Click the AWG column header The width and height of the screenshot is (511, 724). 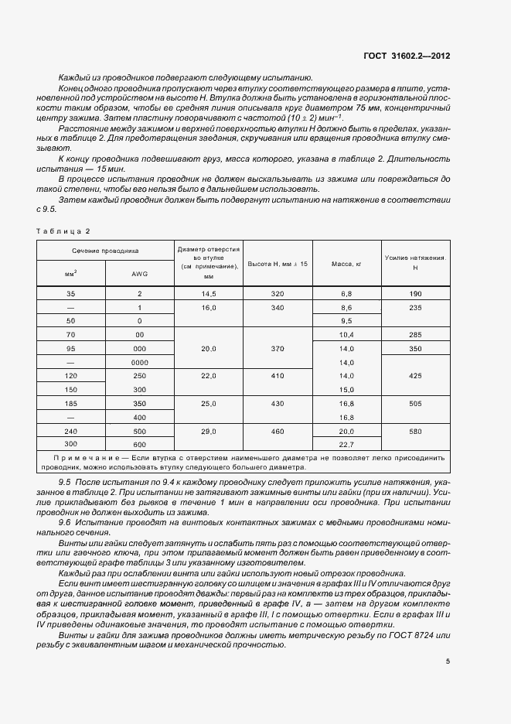139,273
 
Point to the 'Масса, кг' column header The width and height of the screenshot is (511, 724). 347,264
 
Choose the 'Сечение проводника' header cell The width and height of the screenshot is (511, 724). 105,251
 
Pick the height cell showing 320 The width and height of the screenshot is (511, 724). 278,294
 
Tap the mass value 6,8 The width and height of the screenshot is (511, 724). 347,294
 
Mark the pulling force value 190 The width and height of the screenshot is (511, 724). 415,294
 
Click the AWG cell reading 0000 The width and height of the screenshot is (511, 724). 139,362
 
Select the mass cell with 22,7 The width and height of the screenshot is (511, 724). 347,444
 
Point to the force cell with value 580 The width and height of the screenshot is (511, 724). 415,431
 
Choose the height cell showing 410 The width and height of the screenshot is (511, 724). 278,376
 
